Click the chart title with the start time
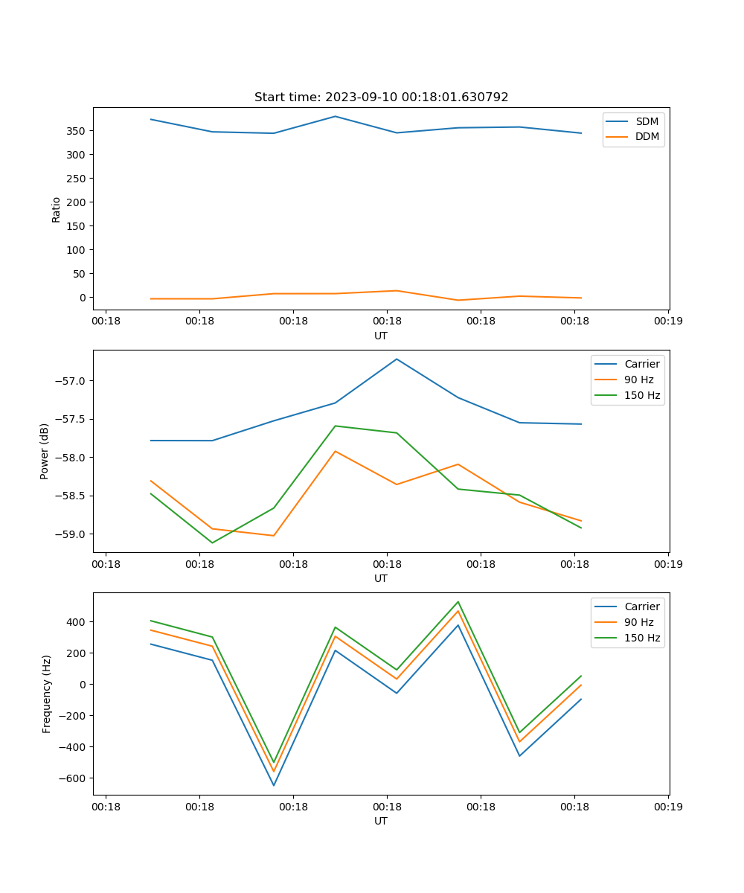click(381, 97)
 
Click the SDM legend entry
click(647, 121)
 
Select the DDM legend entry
click(647, 136)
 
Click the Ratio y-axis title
click(57, 209)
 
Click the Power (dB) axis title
click(45, 451)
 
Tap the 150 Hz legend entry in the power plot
click(642, 395)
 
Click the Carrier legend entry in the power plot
click(642, 364)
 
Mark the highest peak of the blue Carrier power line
click(397, 359)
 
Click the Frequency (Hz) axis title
click(47, 694)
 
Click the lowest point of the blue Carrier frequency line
click(274, 785)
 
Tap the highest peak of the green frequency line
click(458, 602)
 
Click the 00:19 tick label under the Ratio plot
click(668, 321)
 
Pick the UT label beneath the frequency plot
click(381, 821)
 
